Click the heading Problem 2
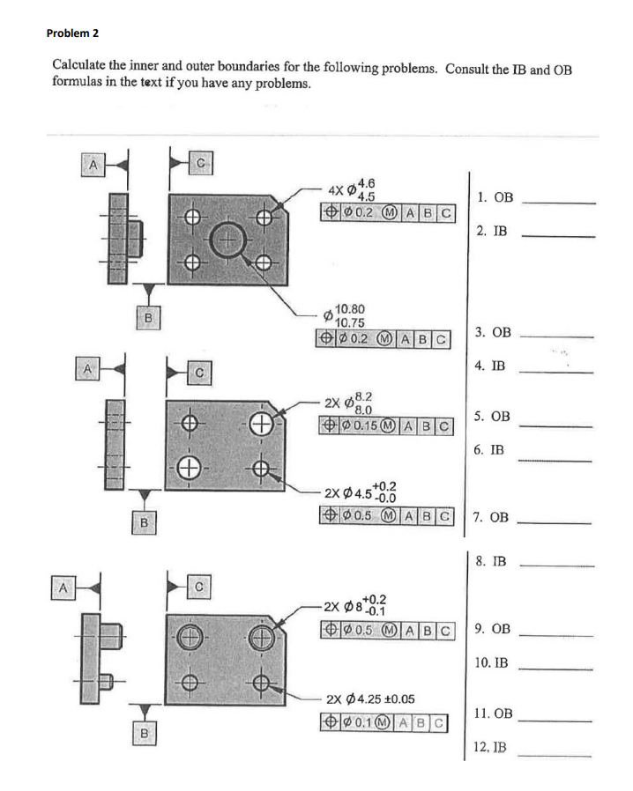point(72,33)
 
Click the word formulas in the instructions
point(79,84)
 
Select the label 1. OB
point(494,198)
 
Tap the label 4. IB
point(491,365)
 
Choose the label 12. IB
point(490,748)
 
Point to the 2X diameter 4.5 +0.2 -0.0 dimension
point(361,491)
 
